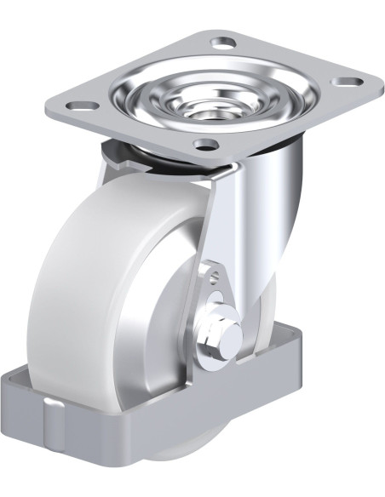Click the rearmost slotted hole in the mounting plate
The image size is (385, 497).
coord(223,41)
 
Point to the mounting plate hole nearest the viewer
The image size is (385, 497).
coord(205,143)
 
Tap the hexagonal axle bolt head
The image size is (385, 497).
coord(215,334)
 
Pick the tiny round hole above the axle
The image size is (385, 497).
coord(212,274)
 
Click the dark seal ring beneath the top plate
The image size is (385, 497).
coord(119,153)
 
